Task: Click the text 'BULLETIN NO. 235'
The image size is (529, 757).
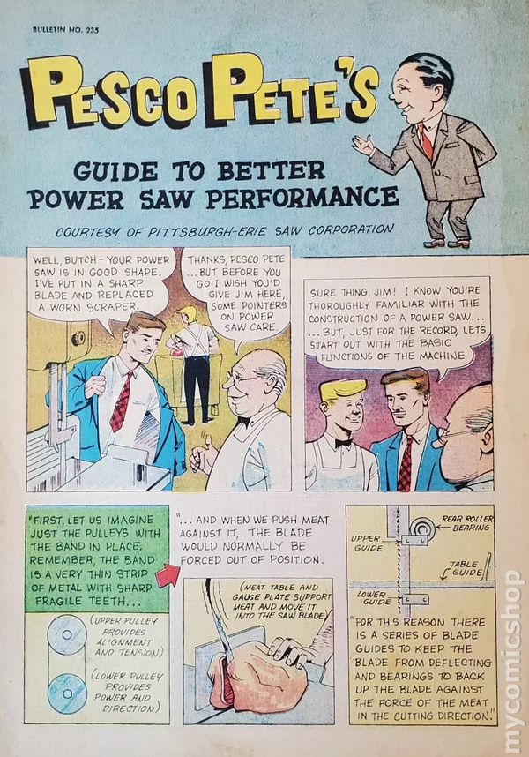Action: [65, 29]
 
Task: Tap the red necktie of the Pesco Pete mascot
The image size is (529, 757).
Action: [426, 140]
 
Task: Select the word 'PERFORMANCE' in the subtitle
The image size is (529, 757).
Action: [302, 197]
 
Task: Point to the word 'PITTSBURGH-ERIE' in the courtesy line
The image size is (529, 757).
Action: [206, 232]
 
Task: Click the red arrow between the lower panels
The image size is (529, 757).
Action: [168, 575]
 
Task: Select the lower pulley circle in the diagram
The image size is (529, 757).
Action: [68, 693]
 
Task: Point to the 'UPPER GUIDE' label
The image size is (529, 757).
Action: [366, 543]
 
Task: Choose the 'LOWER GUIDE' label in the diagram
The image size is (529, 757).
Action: [375, 597]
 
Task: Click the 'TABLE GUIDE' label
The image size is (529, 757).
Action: [465, 568]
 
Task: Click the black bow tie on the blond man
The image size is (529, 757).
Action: [344, 443]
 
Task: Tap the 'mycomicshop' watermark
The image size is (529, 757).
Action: [512, 663]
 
